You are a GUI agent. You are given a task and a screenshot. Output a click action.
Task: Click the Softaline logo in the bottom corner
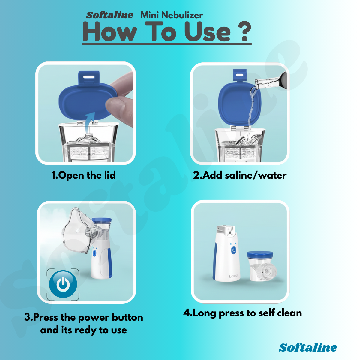click(308, 347)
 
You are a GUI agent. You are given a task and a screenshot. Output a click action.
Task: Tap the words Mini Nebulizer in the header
click(172, 15)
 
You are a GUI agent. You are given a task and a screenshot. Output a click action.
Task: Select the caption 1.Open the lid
click(83, 175)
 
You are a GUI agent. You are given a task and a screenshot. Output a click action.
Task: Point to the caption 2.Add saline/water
click(239, 175)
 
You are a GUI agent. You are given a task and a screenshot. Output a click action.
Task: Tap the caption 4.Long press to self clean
click(242, 313)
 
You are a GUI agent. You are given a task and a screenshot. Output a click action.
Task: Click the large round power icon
click(63, 284)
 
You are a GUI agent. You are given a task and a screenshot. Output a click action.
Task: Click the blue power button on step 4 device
click(234, 250)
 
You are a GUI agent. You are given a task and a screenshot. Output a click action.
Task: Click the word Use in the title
click(207, 32)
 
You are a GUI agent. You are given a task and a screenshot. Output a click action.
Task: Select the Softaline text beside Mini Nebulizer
click(110, 15)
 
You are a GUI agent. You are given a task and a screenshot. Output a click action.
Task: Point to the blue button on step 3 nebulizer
click(94, 253)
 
